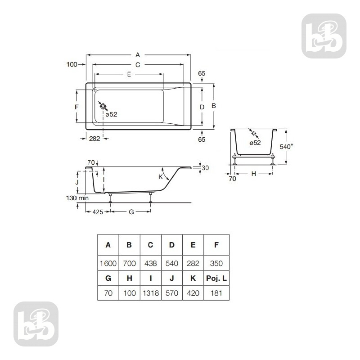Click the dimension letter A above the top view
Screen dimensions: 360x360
click(x=137, y=55)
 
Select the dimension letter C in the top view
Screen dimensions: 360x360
click(x=138, y=65)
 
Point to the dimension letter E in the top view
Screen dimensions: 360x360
click(x=129, y=74)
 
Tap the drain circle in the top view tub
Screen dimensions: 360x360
click(x=103, y=107)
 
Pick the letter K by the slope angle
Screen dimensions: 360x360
click(x=160, y=177)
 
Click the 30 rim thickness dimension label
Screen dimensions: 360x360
click(x=205, y=168)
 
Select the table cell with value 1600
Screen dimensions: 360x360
click(x=108, y=263)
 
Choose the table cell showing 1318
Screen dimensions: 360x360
click(x=150, y=293)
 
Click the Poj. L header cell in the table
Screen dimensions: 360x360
click(x=216, y=279)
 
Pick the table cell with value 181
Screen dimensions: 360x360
click(x=216, y=293)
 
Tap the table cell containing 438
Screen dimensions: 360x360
click(x=150, y=263)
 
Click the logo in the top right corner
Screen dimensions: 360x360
click(x=324, y=36)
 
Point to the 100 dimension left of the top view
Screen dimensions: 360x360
click(x=72, y=65)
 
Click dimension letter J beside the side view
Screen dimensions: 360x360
click(x=77, y=183)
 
